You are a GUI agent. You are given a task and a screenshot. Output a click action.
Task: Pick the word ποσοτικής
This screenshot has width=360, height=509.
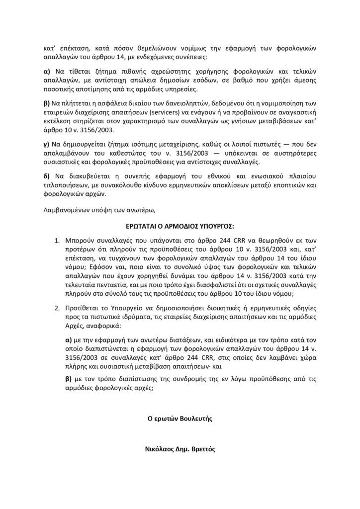point(59,90)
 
